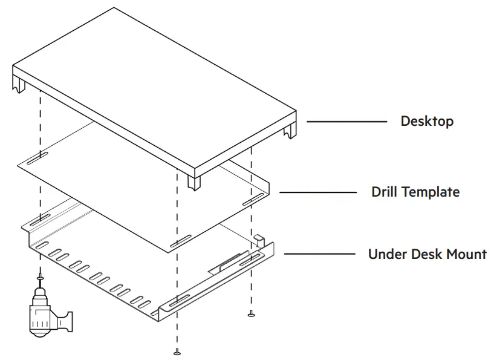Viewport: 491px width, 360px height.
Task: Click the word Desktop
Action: click(427, 121)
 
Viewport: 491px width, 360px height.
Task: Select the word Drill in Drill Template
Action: click(385, 192)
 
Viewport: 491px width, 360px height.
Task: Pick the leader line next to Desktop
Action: click(346, 122)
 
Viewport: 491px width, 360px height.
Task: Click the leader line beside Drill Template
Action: click(318, 192)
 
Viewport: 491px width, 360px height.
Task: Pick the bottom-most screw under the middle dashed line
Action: click(177, 351)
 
